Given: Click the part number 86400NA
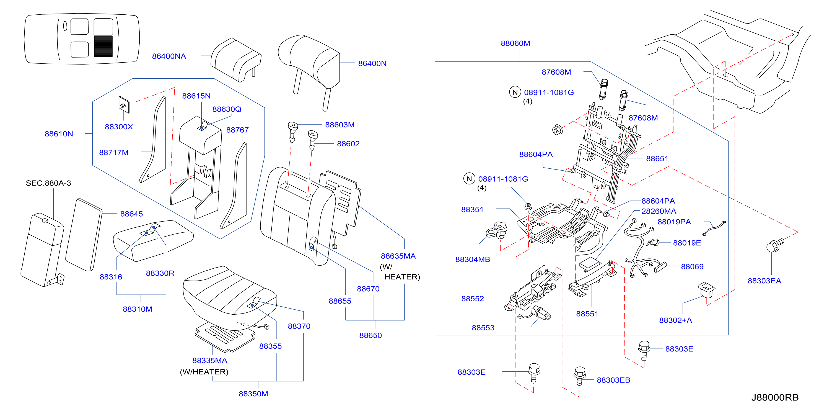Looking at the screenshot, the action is (169, 56).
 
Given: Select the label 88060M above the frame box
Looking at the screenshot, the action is (515, 43).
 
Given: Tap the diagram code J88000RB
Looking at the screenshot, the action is (774, 397).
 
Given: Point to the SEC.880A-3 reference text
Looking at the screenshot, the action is (48, 183).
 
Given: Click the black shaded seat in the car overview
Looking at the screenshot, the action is (103, 46).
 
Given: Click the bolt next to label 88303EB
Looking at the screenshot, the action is (580, 376).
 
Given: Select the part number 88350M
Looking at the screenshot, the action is (253, 394).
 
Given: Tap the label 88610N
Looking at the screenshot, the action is (59, 134).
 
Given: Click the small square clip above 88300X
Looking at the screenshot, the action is (124, 105).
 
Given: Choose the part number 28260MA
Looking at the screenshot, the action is (659, 211).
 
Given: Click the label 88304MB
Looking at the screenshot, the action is (473, 259).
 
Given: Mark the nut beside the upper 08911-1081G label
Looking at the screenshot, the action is (557, 130).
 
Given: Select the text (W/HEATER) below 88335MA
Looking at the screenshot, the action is (204, 372).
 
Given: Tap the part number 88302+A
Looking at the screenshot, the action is (675, 320).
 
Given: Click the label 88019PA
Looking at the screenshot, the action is (674, 222).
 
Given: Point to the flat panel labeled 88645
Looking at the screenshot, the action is (84, 234).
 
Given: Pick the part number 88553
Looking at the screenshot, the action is (483, 328).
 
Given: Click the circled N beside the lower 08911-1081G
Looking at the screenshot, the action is (469, 179).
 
